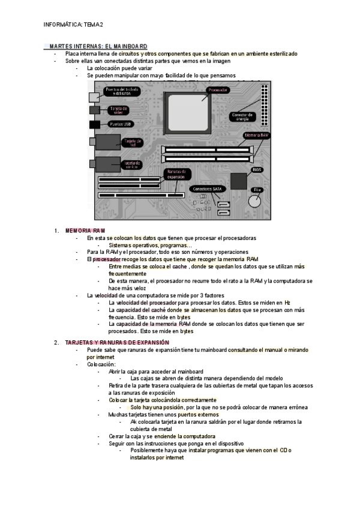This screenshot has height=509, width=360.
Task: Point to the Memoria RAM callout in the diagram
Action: pos(256,136)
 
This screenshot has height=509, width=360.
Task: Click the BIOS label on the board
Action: pos(256,170)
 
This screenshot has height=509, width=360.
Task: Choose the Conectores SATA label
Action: pos(207,188)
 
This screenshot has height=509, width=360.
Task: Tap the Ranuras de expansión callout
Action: pos(176,174)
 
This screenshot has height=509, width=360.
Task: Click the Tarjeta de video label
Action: pos(119,110)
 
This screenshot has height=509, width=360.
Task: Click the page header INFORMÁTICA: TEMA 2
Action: pos(74,24)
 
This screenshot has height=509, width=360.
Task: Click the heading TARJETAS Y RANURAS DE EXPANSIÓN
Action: pos(113,342)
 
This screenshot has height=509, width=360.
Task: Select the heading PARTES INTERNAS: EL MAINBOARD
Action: pos(98,46)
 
